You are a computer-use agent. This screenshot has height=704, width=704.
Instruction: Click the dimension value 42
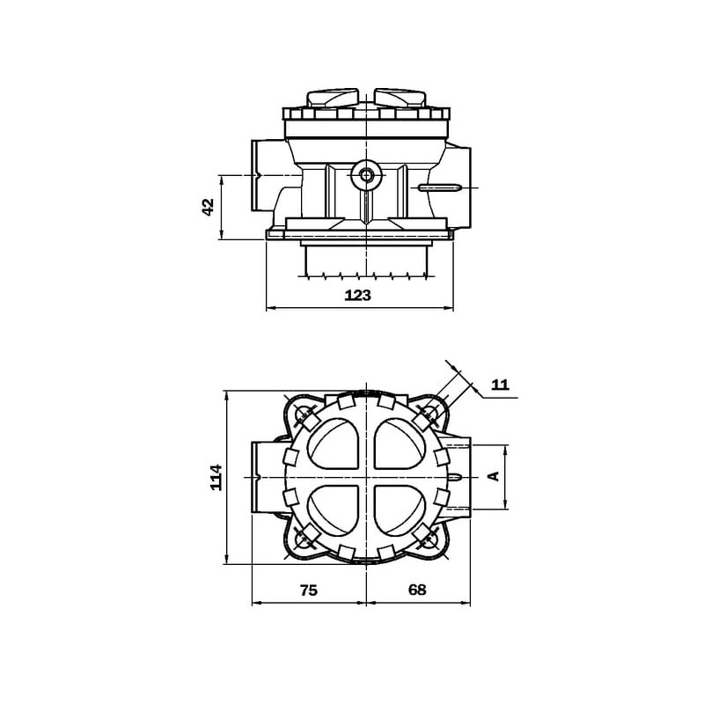(x=209, y=208)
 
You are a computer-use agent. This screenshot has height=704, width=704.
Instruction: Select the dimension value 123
(x=358, y=295)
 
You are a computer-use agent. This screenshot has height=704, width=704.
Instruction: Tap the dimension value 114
(x=216, y=477)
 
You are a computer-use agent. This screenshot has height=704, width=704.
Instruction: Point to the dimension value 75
(x=309, y=590)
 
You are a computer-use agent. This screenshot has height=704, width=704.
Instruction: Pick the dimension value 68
(x=417, y=590)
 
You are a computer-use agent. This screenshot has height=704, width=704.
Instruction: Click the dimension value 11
(x=501, y=385)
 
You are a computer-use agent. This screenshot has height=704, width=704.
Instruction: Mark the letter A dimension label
(x=494, y=476)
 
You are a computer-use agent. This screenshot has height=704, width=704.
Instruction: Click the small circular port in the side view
(x=366, y=175)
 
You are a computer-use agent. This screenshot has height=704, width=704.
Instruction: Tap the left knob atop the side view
(x=333, y=98)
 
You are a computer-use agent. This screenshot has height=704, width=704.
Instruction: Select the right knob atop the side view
(x=400, y=98)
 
